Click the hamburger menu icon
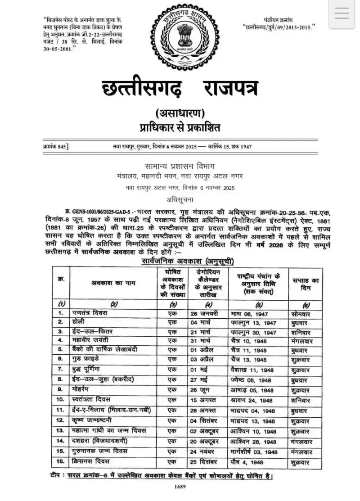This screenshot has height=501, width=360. (x=342, y=14)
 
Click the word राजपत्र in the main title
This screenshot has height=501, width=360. (x=223, y=89)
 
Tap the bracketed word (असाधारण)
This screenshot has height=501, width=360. (x=180, y=113)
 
